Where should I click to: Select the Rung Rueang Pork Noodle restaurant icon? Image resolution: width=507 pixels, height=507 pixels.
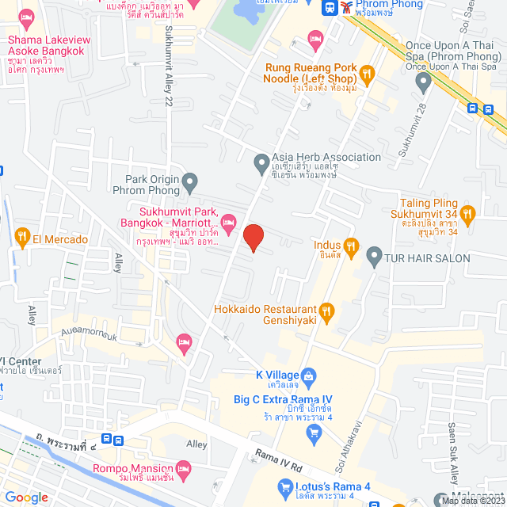(366, 74)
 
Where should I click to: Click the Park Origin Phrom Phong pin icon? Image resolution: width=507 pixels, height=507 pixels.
(189, 185)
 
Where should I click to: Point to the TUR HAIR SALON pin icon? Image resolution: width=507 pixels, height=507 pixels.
(374, 257)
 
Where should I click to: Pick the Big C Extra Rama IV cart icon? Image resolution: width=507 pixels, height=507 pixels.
(314, 432)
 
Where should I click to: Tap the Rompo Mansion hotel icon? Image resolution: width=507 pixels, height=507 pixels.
(184, 468)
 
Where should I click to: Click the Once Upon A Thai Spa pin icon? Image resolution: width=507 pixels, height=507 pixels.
(424, 80)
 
